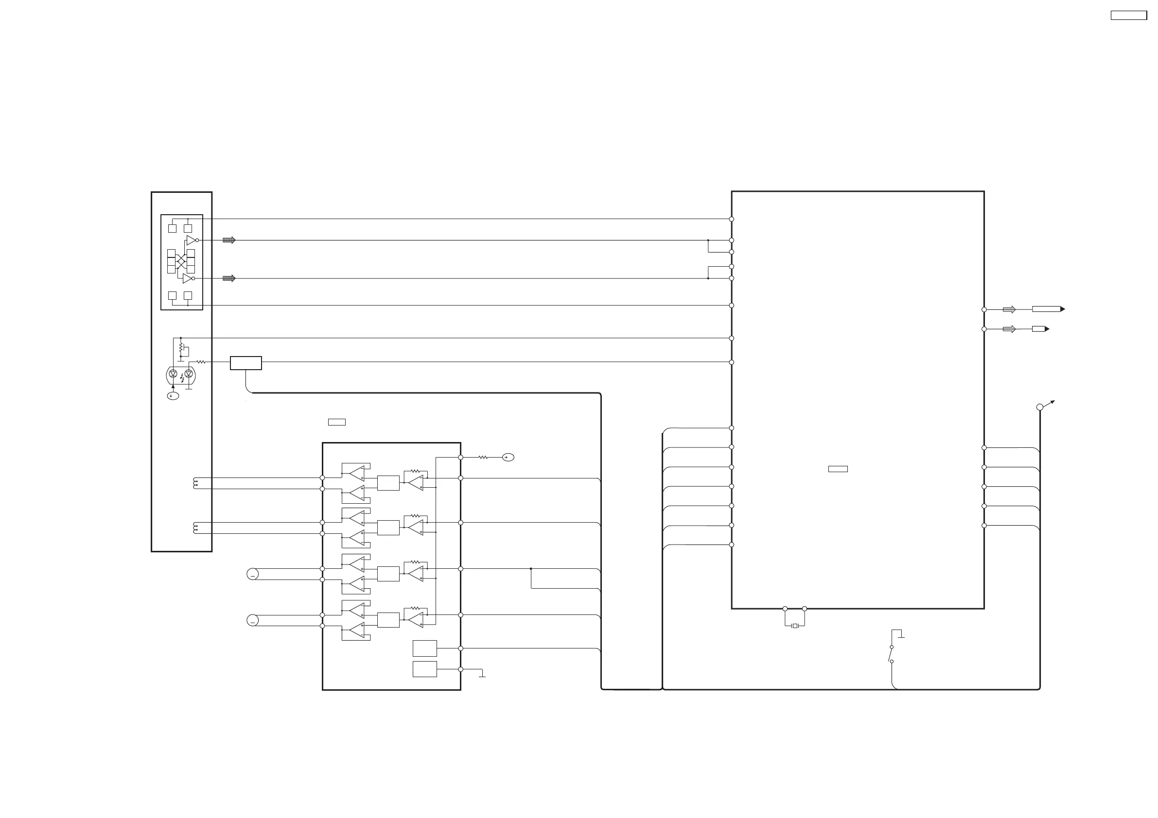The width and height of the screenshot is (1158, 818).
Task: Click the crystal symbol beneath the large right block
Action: [x=794, y=626]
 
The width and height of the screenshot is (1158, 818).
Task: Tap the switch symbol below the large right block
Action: [x=891, y=654]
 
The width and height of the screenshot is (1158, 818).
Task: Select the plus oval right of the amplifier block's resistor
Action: [x=508, y=457]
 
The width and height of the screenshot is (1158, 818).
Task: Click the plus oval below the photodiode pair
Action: [x=173, y=396]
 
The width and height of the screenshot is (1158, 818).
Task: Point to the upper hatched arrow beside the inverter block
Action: [x=229, y=240]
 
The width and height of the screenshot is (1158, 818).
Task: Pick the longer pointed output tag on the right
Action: [x=1048, y=309]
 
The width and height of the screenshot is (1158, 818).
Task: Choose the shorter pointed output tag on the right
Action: [x=1040, y=329]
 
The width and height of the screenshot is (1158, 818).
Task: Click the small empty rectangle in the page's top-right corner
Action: [x=1129, y=16]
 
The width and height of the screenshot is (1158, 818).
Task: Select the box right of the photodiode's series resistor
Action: [x=246, y=363]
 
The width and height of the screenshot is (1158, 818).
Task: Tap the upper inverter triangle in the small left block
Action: [x=191, y=240]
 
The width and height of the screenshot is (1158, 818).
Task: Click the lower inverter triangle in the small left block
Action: [x=187, y=278]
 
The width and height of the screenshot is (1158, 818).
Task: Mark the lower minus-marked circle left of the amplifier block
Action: [x=253, y=620]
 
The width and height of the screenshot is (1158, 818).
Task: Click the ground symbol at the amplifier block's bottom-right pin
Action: [x=482, y=674]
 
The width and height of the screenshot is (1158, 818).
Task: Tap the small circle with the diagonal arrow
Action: [x=1039, y=407]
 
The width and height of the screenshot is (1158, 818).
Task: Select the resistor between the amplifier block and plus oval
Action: [x=483, y=457]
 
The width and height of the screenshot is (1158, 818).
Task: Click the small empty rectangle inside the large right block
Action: [x=838, y=469]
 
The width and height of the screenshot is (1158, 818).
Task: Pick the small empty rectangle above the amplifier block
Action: [x=336, y=422]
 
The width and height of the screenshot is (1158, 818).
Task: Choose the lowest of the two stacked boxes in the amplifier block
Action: [x=425, y=669]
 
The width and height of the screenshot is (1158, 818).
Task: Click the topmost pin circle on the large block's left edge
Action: [x=731, y=219]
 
